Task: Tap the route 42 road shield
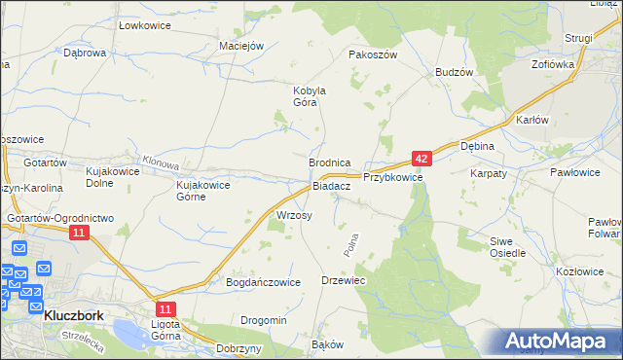[x=421, y=157]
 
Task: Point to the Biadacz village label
[x=331, y=186]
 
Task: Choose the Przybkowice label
[x=392, y=178]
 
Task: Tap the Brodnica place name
[x=329, y=163]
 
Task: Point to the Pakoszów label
[x=373, y=55]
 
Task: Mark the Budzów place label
[x=454, y=73]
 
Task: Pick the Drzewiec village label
[x=343, y=280]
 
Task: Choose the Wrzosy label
[x=294, y=215]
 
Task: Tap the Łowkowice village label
[x=145, y=24]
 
